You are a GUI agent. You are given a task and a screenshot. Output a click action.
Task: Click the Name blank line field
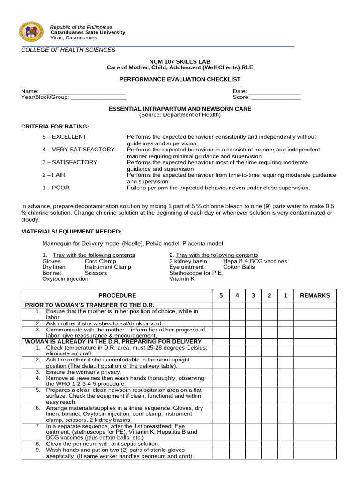pyautogui.click(x=82, y=92)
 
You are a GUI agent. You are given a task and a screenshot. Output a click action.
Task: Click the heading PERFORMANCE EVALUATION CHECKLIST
pyautogui.click(x=180, y=80)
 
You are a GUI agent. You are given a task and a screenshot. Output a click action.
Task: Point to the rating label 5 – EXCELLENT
pyautogui.click(x=64, y=137)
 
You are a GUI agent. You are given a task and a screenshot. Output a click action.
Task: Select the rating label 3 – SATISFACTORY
pyautogui.click(x=70, y=162)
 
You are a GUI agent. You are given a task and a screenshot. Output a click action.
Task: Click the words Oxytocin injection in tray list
pyautogui.click(x=65, y=278)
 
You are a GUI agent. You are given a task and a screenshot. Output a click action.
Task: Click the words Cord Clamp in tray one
pyautogui.click(x=100, y=261)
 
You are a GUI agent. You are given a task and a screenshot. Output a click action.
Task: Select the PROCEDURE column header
pyautogui.click(x=117, y=295)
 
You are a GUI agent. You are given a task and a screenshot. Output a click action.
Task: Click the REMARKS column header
pyautogui.click(x=315, y=295)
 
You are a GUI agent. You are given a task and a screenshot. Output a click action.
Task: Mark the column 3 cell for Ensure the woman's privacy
pyautogui.click(x=253, y=372)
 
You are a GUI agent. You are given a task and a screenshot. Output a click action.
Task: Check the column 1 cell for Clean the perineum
pyautogui.click(x=285, y=443)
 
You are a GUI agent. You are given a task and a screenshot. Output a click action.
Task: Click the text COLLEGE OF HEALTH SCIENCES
pyautogui.click(x=68, y=50)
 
